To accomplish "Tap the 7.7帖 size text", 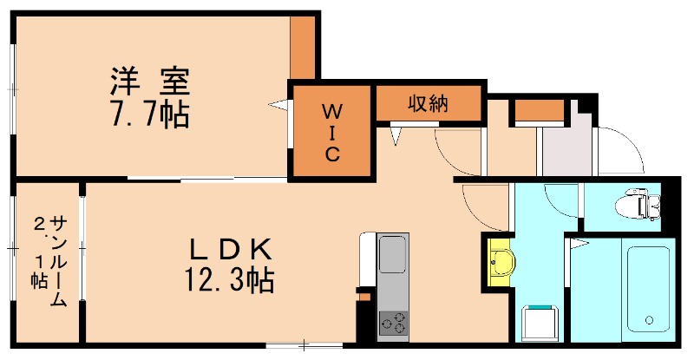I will click(149, 115).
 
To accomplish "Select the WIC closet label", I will click(332, 133).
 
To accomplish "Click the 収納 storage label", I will click(428, 104).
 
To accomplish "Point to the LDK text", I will click(232, 252).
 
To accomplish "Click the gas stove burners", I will click(392, 324).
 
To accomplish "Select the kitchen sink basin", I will click(391, 257).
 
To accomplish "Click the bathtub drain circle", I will click(648, 322).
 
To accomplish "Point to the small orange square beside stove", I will click(365, 296).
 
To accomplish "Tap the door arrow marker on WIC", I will click(279, 106).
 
